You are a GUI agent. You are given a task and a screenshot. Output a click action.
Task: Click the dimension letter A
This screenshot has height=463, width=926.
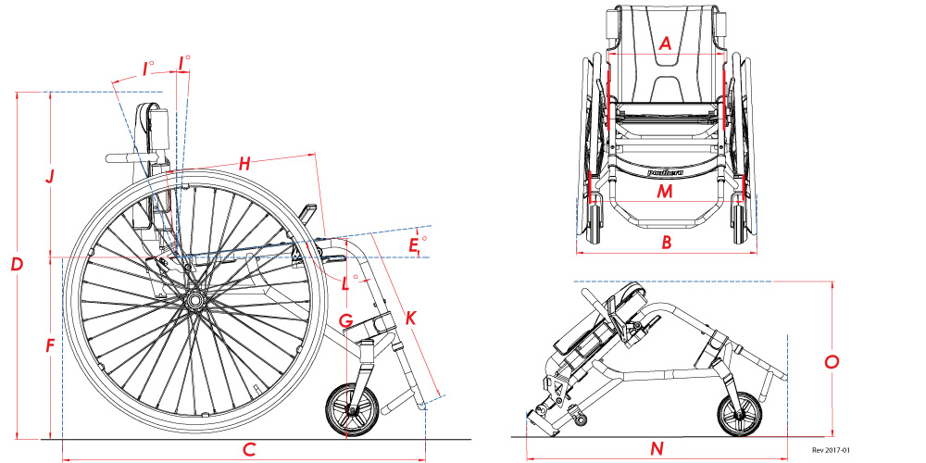(x=663, y=43)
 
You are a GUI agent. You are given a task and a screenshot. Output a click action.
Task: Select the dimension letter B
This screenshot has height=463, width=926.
(x=665, y=243)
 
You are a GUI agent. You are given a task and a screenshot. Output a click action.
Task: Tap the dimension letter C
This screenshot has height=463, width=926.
(x=249, y=450)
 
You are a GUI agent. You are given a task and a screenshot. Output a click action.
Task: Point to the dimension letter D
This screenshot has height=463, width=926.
(x=17, y=265)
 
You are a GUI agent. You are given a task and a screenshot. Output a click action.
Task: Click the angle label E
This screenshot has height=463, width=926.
(x=414, y=244)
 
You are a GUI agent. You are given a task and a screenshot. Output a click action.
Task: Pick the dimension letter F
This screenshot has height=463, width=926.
(x=51, y=346)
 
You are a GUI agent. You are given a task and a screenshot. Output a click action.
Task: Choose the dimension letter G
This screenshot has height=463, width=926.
(x=346, y=321)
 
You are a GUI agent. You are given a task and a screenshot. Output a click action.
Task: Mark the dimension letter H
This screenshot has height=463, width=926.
(x=244, y=164)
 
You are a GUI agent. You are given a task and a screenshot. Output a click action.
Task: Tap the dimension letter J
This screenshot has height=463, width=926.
(x=52, y=176)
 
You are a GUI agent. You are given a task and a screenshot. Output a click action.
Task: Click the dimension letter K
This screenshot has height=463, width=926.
(x=411, y=318)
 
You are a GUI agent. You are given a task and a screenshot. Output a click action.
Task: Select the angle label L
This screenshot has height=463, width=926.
(x=347, y=284)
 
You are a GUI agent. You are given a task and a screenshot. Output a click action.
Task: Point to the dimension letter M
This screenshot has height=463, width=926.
(x=663, y=192)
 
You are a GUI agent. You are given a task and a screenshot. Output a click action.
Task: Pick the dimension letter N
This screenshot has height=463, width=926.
(x=657, y=449)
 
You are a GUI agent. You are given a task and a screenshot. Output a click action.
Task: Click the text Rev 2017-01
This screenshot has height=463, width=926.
(x=830, y=450)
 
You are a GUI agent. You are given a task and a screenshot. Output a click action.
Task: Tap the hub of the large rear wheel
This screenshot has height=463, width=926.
(x=196, y=301)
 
